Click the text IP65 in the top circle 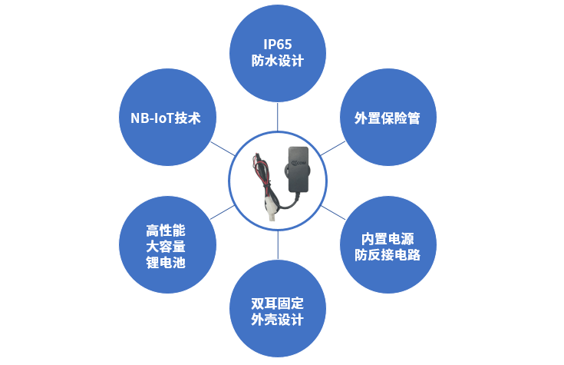coord(277,44)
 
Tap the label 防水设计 coord(277,61)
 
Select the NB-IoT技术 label coord(166,118)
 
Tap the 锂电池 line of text coord(166,263)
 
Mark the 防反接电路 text coord(388,254)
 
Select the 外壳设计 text coord(277,320)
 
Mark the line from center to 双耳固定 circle coord(277,248)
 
